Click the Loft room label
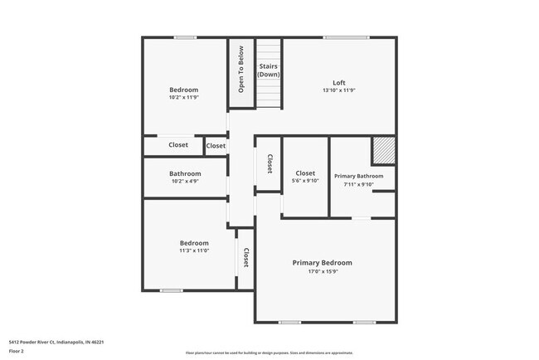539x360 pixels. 338,82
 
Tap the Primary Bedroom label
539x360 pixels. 322,263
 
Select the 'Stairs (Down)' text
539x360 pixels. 268,70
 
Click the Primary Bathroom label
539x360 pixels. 358,176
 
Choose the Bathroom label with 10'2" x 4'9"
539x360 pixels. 186,173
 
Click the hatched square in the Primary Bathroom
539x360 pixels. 383,151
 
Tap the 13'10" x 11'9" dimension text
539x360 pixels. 338,90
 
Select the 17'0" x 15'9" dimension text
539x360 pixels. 322,271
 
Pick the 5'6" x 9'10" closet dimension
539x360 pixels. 305,181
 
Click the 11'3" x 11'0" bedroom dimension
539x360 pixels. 194,251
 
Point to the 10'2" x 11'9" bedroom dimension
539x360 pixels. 184,97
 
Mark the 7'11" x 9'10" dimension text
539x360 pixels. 358,184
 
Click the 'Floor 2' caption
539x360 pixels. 17,350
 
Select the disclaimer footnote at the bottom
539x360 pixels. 269,353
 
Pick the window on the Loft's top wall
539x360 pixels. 346,37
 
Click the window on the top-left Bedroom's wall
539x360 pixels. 185,37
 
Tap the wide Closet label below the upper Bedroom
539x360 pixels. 178,145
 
